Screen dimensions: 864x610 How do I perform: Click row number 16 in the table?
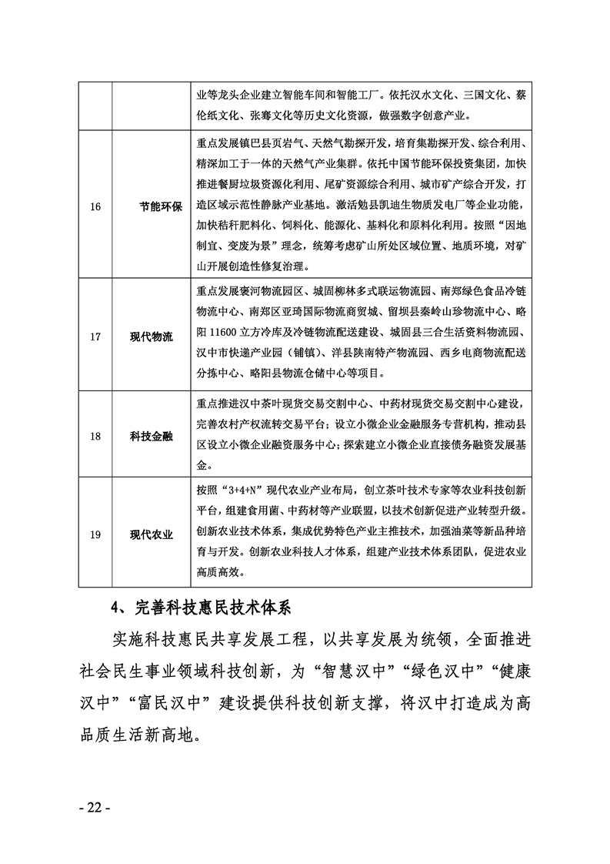click(95, 208)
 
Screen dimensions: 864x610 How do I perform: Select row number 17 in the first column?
click(95, 337)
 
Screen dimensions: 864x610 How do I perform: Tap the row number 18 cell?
click(95, 436)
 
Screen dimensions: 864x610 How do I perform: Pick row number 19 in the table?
click(95, 535)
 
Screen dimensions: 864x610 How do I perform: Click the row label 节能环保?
click(160, 208)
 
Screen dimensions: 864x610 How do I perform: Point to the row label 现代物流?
click(152, 337)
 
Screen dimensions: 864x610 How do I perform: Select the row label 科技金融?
click(152, 436)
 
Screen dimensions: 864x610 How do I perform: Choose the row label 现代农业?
click(152, 535)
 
